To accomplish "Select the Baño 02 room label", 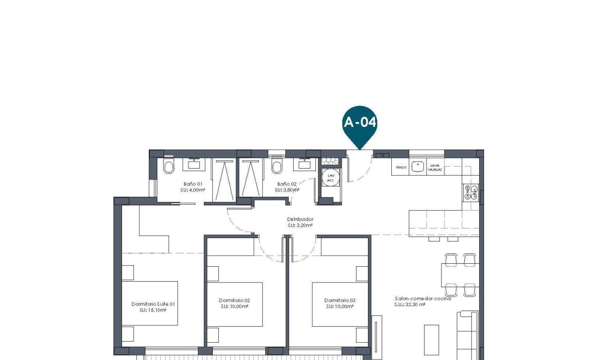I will [x=287, y=183].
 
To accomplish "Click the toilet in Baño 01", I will [x=169, y=168].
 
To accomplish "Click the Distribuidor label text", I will [x=300, y=219].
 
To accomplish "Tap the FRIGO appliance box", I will [x=401, y=167].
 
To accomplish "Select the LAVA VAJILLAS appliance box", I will [x=435, y=167].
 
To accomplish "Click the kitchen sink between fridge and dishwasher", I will [x=419, y=167].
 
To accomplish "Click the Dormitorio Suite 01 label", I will [x=153, y=304].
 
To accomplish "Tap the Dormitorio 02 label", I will [x=234, y=300].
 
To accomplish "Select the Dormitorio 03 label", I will [x=340, y=300].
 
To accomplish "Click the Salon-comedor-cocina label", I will [x=423, y=299].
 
